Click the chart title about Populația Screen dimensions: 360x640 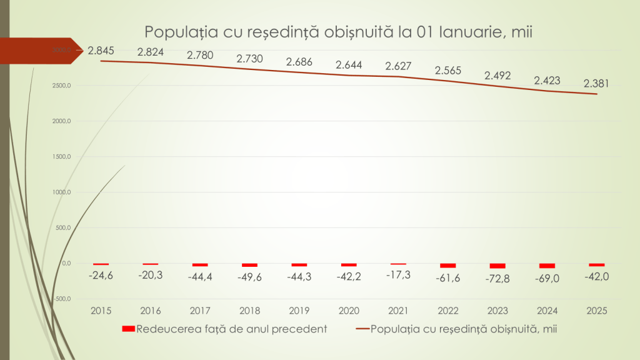point(338,32)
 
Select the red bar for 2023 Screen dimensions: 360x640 point(497,266)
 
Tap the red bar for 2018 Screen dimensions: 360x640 point(249,265)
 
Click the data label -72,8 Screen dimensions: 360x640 point(497,279)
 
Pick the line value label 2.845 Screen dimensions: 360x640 point(101,51)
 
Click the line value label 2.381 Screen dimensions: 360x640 point(597,83)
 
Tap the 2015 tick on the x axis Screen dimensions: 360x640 point(101,309)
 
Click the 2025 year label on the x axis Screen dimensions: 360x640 point(597,309)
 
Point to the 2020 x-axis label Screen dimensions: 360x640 point(349,309)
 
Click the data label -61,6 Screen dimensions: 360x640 point(448,277)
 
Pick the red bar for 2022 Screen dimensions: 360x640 point(448,266)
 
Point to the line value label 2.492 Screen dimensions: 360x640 point(497,76)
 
